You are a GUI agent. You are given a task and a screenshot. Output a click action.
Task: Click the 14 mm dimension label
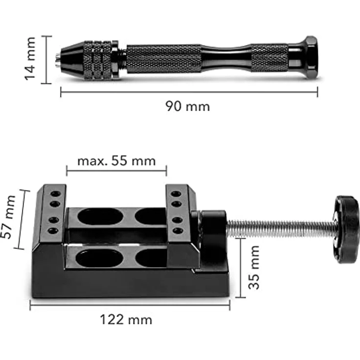(x=30, y=59)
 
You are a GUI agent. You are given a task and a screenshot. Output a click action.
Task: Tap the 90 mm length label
(x=187, y=107)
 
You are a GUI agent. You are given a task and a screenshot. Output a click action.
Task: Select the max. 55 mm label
(x=116, y=161)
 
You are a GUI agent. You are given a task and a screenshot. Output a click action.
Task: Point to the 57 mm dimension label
(x=8, y=217)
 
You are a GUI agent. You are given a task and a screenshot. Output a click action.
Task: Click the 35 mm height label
(x=254, y=268)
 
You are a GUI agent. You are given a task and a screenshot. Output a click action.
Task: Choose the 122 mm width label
(x=126, y=319)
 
